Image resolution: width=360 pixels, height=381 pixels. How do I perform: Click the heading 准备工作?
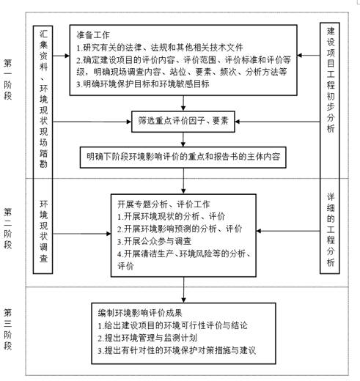point(93,34)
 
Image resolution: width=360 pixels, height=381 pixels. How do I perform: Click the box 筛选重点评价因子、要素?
point(183,122)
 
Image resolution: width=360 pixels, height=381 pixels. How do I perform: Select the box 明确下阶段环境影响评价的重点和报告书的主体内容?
point(183,157)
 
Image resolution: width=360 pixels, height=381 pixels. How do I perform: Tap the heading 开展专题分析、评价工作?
point(164,204)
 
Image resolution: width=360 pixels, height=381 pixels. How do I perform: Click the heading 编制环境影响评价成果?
point(140,313)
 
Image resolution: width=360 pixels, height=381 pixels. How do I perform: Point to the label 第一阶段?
point(7,79)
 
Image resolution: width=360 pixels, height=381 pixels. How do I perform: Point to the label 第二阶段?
point(7,228)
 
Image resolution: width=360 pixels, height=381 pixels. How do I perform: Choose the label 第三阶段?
point(7,329)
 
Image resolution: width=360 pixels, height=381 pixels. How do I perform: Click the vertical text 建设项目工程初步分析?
point(331,80)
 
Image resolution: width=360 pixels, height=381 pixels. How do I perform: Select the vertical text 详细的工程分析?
point(331,229)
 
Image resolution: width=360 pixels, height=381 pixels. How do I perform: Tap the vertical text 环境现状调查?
point(43,231)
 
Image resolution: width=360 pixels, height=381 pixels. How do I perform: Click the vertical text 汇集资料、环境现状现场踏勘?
point(43,99)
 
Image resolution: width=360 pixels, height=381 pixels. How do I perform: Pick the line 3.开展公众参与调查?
point(154,241)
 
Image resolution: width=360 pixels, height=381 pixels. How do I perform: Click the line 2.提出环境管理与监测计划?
point(147,338)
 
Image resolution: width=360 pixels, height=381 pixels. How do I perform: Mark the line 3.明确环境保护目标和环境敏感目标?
point(143,84)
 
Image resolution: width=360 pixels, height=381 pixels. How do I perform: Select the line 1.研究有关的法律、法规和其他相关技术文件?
point(160,48)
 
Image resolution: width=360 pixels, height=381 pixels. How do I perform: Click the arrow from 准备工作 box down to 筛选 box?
point(183,103)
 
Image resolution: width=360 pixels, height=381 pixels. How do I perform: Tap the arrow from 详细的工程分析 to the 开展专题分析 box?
point(288,231)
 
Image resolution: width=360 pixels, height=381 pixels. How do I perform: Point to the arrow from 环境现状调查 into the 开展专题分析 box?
point(82,234)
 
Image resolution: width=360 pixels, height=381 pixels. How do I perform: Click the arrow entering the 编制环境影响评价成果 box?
point(183,290)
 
